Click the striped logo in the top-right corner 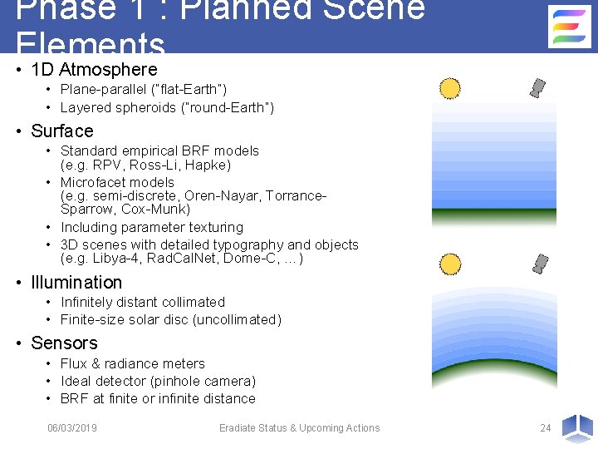570,27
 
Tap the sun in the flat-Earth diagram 449,88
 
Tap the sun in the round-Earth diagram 449,264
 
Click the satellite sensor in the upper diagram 539,87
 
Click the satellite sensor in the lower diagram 541,264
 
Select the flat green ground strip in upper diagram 493,215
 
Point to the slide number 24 545,428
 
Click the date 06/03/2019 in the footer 72,428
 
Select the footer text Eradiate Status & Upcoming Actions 299,428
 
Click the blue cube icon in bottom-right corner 576,427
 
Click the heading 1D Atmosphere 93,70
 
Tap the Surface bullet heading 62,131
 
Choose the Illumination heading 76,283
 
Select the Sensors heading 64,343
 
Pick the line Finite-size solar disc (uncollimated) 171,320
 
